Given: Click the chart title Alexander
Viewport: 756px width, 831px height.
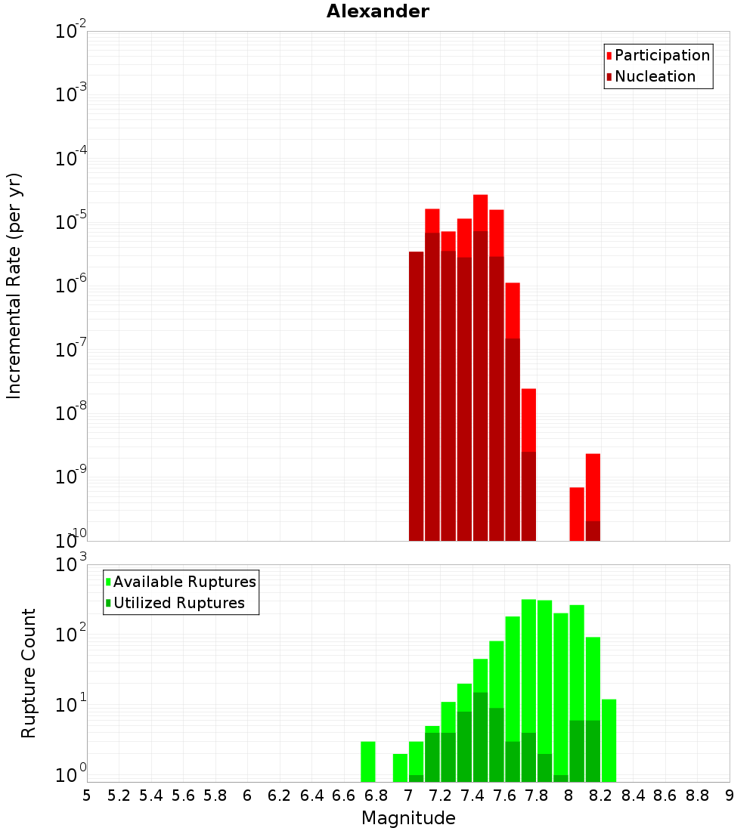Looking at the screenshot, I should point(377,11).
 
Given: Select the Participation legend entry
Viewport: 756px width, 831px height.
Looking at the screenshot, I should point(661,55).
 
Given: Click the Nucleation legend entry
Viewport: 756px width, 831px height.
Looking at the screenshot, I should point(654,76).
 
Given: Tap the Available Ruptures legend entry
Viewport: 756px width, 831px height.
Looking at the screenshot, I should point(184,582).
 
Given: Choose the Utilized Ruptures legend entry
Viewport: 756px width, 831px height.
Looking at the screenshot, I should point(178,603).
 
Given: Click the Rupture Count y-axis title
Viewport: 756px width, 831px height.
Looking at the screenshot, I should point(29,673).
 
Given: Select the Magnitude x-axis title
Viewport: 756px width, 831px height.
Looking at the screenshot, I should point(408,818).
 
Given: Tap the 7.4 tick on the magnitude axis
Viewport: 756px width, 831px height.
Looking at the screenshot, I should point(472,795).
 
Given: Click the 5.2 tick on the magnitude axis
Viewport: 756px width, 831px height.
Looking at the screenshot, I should point(119,795).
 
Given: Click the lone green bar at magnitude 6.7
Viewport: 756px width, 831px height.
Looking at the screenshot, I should point(368,761).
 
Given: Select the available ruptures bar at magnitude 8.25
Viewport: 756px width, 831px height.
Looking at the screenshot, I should point(609,740).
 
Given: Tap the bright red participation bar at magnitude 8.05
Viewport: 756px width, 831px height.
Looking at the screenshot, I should point(577,514).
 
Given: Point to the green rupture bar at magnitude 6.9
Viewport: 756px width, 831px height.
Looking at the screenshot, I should point(400,768).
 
